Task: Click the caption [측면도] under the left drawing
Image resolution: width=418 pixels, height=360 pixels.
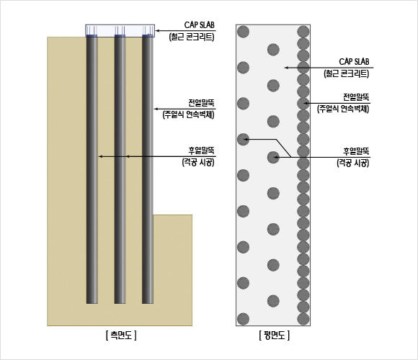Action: (121, 336)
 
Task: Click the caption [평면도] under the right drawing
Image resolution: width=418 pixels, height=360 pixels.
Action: (275, 336)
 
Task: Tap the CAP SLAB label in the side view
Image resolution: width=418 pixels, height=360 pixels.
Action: (199, 25)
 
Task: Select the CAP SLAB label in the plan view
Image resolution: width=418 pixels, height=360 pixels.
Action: (354, 62)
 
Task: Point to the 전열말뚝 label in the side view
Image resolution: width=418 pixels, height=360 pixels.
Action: (201, 103)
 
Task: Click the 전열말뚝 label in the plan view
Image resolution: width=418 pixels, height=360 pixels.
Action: (356, 97)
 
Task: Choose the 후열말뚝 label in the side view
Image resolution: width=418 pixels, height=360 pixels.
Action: (201, 150)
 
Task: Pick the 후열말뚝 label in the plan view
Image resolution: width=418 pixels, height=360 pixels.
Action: (356, 151)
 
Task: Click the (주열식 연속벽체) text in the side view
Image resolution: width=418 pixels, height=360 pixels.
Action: (189, 114)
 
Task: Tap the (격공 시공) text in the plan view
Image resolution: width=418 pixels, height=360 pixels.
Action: (353, 163)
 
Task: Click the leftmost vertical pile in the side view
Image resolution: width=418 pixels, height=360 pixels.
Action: (92, 170)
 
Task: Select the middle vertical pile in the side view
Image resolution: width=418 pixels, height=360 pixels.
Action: (120, 170)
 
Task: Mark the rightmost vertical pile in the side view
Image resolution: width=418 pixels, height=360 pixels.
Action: (148, 170)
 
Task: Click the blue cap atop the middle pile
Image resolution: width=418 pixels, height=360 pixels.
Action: (120, 36)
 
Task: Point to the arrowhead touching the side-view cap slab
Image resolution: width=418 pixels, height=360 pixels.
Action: (158, 31)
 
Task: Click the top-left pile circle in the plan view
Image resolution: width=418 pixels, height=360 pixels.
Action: (243, 32)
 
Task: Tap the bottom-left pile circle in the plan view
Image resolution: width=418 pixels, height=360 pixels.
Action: (243, 319)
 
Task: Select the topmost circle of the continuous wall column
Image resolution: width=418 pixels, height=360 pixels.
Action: (303, 32)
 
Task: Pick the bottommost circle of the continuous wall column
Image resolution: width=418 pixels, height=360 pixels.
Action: (303, 319)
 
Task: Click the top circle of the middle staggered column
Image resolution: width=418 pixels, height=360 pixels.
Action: (273, 50)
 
